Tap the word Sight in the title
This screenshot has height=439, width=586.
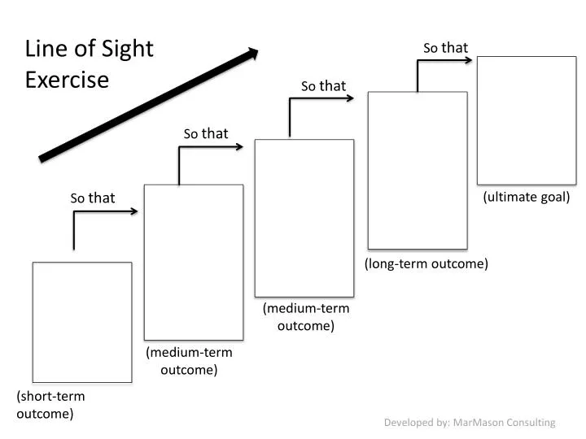[x=128, y=50]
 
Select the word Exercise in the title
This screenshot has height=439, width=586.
[x=67, y=80]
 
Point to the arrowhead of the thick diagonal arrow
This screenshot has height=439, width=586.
[x=252, y=54]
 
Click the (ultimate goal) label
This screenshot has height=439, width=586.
[x=527, y=197]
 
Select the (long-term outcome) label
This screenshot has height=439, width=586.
[x=426, y=263]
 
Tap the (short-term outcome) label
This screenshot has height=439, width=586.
[x=50, y=405]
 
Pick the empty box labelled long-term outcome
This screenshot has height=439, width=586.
[x=418, y=170]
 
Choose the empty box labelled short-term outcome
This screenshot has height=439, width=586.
[x=81, y=322]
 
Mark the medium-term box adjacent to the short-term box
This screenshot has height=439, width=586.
[x=193, y=262]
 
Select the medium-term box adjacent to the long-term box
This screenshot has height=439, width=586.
[x=304, y=218]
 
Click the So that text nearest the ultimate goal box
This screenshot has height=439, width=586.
[x=445, y=48]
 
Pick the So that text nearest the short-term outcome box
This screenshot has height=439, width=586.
[x=93, y=198]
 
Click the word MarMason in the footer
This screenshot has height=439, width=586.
[x=478, y=423]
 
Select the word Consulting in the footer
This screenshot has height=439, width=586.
[x=530, y=423]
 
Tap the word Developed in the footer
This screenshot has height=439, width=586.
[x=408, y=423]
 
